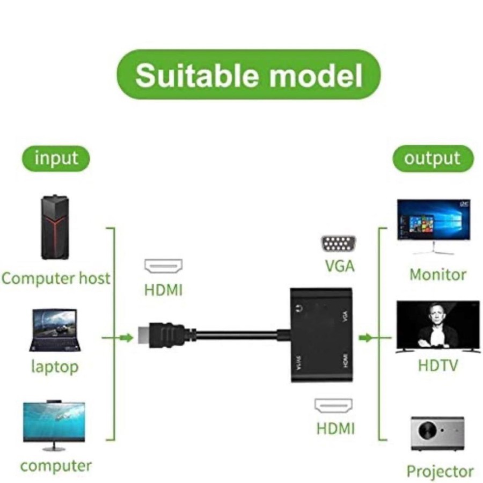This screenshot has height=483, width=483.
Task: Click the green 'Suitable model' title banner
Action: pyautogui.click(x=248, y=75)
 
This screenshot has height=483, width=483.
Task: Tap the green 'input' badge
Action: pyautogui.click(x=56, y=159)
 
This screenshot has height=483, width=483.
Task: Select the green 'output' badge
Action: pyautogui.click(x=433, y=159)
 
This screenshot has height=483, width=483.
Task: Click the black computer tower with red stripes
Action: pyautogui.click(x=55, y=228)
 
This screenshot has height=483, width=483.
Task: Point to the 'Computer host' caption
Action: pyautogui.click(x=55, y=279)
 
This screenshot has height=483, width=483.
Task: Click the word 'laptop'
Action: pyautogui.click(x=55, y=367)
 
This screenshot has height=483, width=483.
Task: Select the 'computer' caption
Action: pyautogui.click(x=56, y=465)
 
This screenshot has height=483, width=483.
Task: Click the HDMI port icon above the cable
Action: pyautogui.click(x=163, y=267)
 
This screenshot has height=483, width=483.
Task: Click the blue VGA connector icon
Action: pyautogui.click(x=339, y=244)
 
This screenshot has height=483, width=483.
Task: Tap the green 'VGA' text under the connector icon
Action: pyautogui.click(x=340, y=266)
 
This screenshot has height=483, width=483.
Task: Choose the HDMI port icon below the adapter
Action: pyautogui.click(x=333, y=406)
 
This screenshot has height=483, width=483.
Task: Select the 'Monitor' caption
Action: pyautogui.click(x=437, y=275)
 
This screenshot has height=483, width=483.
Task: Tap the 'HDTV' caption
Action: pyautogui.click(x=438, y=365)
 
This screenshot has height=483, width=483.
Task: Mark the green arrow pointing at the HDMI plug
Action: pyautogui.click(x=126, y=338)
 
